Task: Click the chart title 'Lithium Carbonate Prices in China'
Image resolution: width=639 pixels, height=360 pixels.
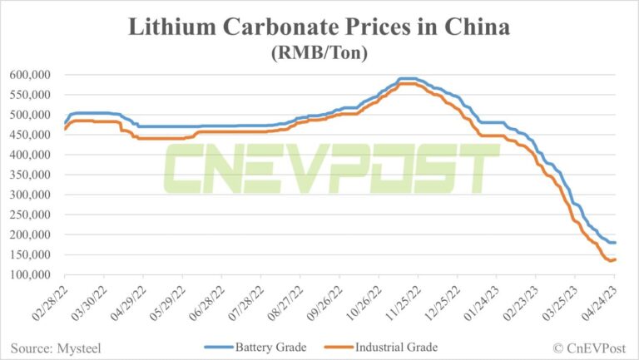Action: tap(319, 27)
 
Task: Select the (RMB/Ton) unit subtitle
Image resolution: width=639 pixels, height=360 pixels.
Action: tap(319, 52)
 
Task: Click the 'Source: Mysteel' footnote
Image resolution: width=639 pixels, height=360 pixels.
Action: tap(52, 347)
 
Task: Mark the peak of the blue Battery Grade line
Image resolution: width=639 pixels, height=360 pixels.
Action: tap(408, 78)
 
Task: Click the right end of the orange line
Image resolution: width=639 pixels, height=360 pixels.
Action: tap(615, 259)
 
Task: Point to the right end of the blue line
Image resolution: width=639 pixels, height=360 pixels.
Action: tap(615, 243)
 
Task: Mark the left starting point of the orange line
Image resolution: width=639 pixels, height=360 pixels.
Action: tap(64, 129)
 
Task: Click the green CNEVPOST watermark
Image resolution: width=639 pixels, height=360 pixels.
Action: tap(330, 170)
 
